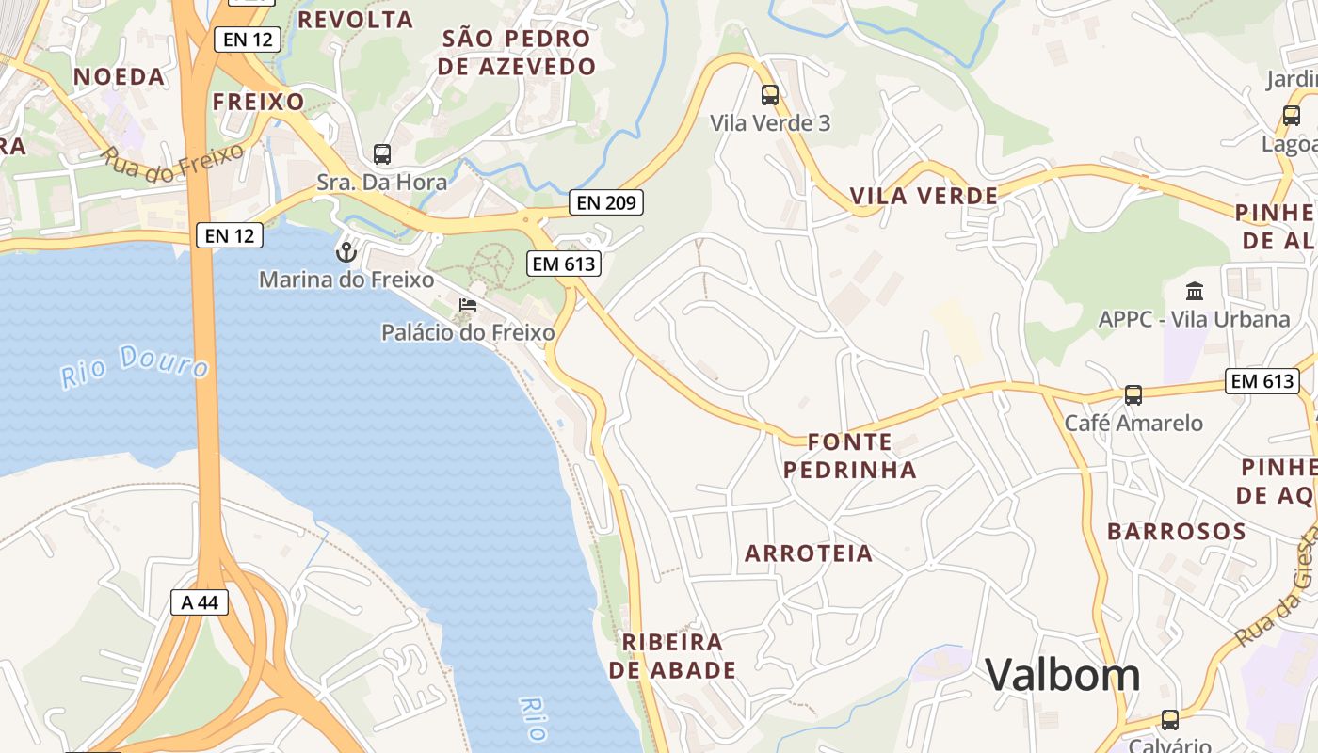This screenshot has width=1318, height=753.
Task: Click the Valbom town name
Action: pyautogui.click(x=1063, y=675)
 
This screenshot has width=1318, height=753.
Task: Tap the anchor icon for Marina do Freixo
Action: pyautogui.click(x=346, y=252)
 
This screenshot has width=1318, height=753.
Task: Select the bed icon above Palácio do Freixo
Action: pyautogui.click(x=467, y=304)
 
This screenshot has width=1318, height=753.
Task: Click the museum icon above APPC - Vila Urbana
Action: pyautogui.click(x=1195, y=291)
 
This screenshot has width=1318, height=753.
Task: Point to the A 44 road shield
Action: pyautogui.click(x=200, y=602)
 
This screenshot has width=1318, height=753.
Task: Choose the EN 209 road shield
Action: pyautogui.click(x=606, y=201)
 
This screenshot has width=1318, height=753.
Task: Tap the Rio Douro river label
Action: pyautogui.click(x=135, y=365)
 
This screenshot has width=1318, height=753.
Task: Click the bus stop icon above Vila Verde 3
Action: pyautogui.click(x=770, y=94)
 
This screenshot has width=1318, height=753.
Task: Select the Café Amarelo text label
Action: pyautogui.click(x=1133, y=424)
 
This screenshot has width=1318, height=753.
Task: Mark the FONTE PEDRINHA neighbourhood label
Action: pyautogui.click(x=850, y=456)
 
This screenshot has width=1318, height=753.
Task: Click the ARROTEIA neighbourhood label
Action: pyautogui.click(x=809, y=553)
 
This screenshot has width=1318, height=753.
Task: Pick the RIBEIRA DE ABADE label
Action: pyautogui.click(x=672, y=656)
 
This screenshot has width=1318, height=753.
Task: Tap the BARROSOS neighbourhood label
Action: pyautogui.click(x=1177, y=532)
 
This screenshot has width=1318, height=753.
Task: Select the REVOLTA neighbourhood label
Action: pyautogui.click(x=355, y=20)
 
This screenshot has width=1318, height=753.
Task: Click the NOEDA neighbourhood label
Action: pyautogui.click(x=120, y=76)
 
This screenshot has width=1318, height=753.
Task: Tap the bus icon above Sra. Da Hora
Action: pyautogui.click(x=382, y=154)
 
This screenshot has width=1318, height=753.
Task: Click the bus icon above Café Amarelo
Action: pyautogui.click(x=1133, y=395)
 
